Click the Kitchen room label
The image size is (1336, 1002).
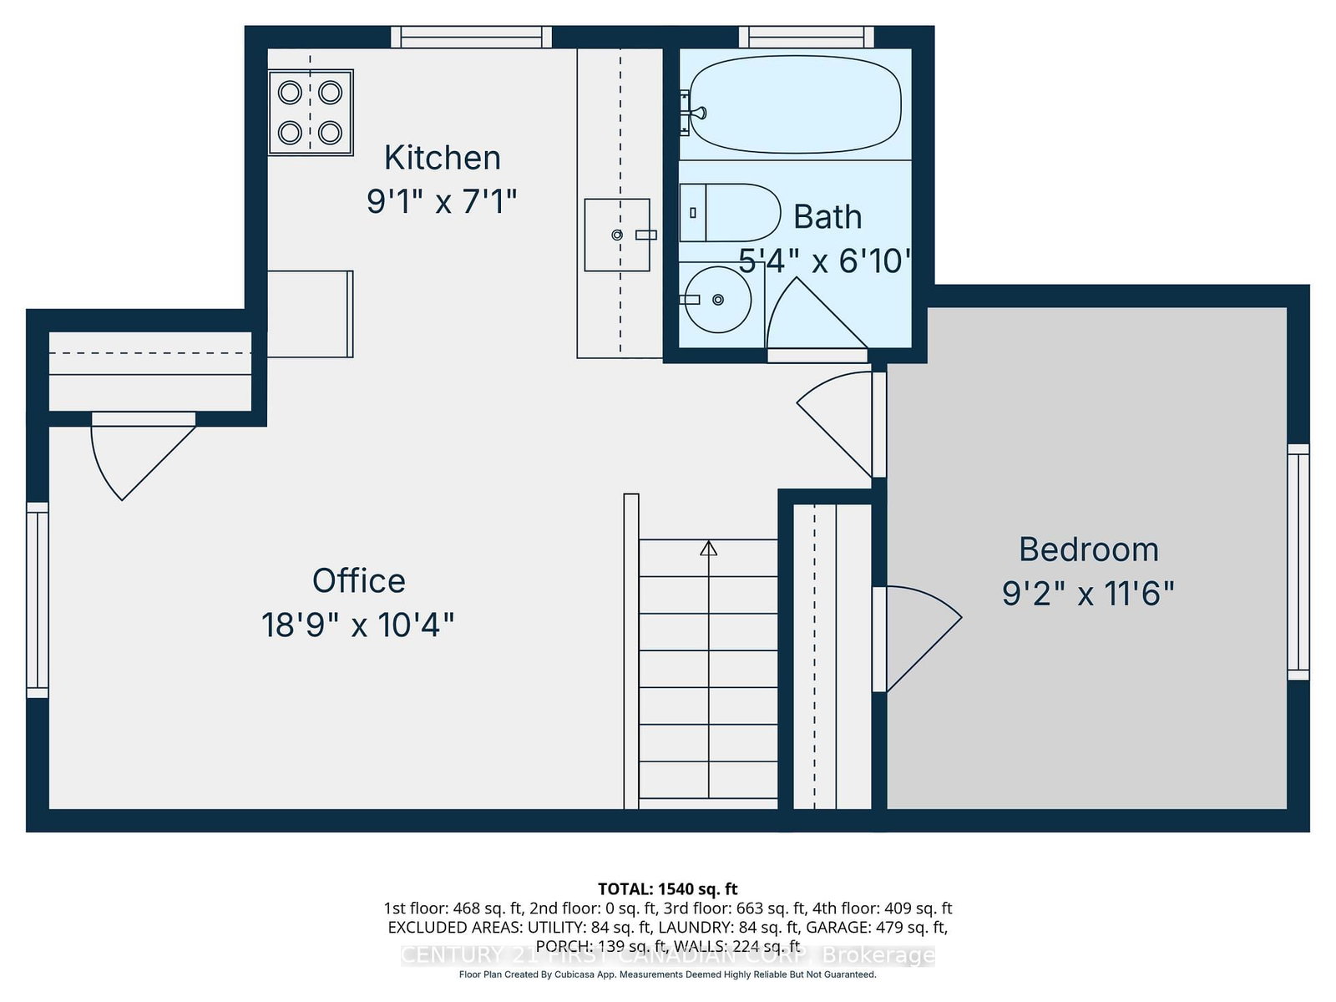(442, 158)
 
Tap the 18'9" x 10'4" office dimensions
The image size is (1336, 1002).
(358, 625)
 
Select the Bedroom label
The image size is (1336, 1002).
(1088, 549)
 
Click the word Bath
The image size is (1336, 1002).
(827, 217)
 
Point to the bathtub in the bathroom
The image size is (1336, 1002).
(794, 105)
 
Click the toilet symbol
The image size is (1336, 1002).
(730, 213)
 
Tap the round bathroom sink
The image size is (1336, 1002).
(716, 299)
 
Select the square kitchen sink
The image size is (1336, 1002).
(616, 235)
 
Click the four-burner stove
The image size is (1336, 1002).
(311, 112)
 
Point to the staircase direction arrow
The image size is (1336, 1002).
(708, 549)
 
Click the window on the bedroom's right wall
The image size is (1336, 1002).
(1298, 562)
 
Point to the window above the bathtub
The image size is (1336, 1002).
(806, 37)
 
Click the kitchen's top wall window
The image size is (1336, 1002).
(472, 37)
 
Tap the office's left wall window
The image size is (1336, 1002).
(38, 600)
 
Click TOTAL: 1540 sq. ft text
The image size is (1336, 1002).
(667, 889)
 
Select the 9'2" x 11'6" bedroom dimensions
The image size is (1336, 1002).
(1088, 594)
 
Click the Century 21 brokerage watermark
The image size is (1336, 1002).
(667, 955)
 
